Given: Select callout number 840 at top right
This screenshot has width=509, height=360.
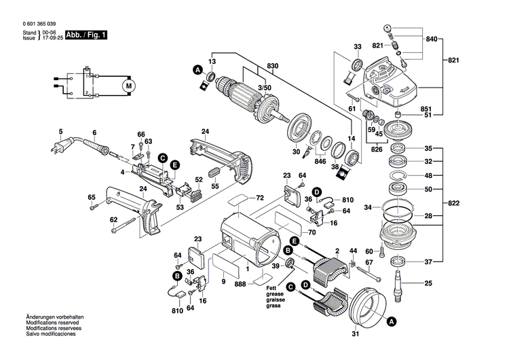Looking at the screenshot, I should tap(432, 40).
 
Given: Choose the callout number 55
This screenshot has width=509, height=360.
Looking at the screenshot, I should tap(214, 185).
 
